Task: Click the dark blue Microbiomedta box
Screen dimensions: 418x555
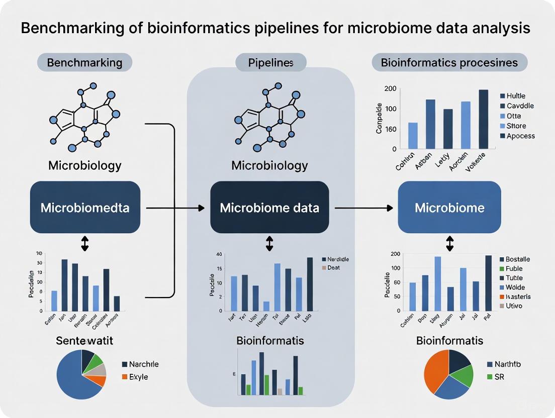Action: coord(84,207)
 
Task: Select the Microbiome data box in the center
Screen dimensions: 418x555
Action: coord(269,207)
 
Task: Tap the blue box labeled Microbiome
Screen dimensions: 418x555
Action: coord(449,207)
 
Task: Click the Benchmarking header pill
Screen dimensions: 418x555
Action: coord(84,63)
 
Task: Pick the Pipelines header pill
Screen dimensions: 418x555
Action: coord(270,63)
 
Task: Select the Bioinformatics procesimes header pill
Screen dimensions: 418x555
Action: coord(449,63)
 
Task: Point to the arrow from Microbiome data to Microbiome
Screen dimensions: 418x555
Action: coord(362,207)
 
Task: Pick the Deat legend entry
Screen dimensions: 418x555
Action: coord(331,268)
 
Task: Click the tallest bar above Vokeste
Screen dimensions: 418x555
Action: coord(483,119)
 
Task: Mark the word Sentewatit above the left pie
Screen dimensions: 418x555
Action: coord(84,341)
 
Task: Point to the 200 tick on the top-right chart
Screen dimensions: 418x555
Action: coord(391,89)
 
